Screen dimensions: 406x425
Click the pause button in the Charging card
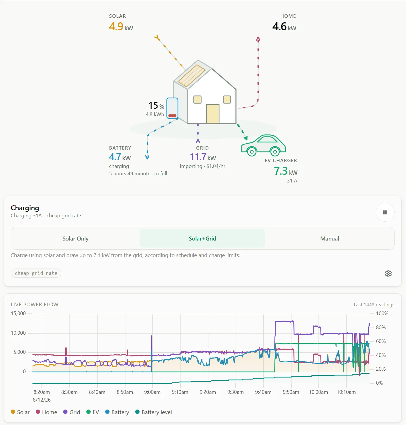[385, 212]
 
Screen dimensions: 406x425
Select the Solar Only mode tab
[75, 239]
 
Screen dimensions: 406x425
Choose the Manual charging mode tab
[330, 239]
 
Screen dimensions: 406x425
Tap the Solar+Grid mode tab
[202, 239]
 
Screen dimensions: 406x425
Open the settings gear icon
[388, 273]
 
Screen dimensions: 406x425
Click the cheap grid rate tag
[36, 273]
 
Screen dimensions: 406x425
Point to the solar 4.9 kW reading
[121, 27]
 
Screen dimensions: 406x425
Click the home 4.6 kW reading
[284, 27]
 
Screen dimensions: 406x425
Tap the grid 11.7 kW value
[203, 157]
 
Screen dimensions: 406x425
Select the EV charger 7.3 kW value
[286, 171]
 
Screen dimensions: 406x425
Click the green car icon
[263, 145]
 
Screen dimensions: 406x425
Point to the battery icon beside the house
[172, 108]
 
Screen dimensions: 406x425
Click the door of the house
[213, 114]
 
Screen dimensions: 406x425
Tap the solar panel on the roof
[192, 76]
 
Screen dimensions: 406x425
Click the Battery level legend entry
[154, 412]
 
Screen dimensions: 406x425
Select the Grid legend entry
[71, 412]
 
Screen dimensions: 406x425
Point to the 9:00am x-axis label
[152, 392]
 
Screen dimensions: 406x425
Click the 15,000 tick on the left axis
[18, 313]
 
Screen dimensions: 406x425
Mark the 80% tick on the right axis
[381, 327]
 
